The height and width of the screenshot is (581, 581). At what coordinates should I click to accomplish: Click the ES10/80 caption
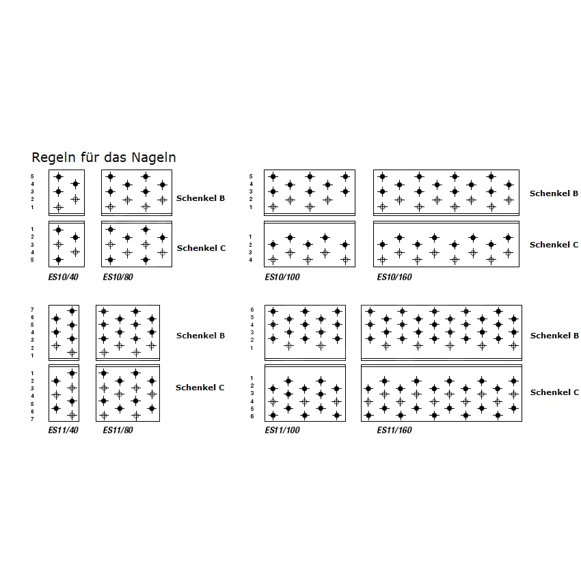[118, 278]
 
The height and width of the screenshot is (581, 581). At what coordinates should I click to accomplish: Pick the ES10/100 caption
[282, 278]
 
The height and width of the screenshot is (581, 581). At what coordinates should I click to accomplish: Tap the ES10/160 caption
[394, 278]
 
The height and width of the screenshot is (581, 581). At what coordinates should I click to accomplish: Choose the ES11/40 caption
[62, 431]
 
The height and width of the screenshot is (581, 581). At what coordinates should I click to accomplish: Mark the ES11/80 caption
[118, 431]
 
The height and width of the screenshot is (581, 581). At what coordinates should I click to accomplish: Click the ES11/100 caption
[282, 431]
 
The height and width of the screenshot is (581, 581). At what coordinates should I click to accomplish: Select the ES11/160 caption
[394, 431]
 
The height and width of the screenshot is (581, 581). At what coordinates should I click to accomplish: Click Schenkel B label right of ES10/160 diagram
[554, 194]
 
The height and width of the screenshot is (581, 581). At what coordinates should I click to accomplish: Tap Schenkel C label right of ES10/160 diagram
[554, 245]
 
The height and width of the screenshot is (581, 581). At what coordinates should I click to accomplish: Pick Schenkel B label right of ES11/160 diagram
[554, 336]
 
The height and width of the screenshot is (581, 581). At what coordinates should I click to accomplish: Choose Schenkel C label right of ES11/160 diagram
[554, 392]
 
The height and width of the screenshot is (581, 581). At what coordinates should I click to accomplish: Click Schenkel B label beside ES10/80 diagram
[200, 198]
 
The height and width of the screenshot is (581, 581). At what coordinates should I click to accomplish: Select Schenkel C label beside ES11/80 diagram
[200, 388]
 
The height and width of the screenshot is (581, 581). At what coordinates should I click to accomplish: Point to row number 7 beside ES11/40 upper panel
[32, 310]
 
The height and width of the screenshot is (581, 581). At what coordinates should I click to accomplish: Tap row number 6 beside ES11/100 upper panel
[251, 310]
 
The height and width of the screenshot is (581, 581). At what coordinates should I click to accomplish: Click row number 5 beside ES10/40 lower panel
[32, 260]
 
